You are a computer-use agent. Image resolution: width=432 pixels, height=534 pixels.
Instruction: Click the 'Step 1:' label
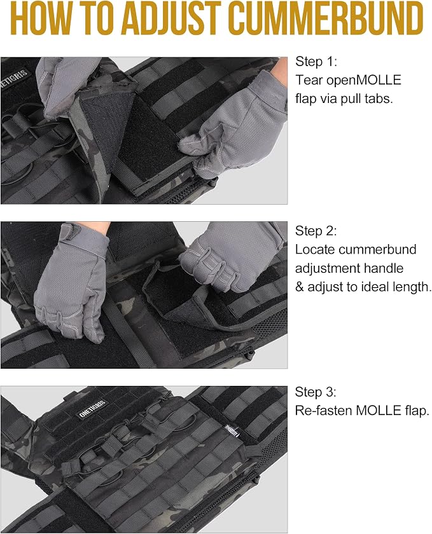[316, 62]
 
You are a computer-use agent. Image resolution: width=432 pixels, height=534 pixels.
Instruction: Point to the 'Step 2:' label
[316, 231]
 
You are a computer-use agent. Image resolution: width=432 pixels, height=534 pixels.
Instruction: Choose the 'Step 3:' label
[316, 392]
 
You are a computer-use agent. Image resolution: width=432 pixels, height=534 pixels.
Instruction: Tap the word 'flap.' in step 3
[417, 411]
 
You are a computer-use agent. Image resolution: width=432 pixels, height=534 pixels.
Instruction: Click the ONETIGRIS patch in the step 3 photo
[93, 409]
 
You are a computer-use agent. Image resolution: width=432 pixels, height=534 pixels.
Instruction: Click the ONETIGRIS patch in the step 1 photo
[15, 79]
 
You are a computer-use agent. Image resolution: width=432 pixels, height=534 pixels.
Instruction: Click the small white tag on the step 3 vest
[232, 430]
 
